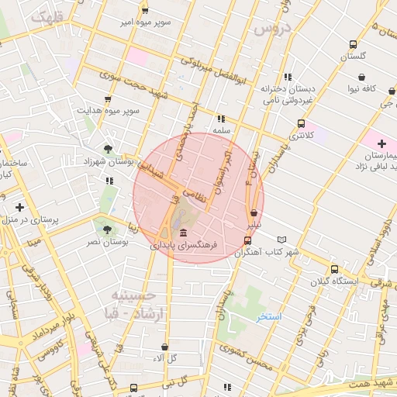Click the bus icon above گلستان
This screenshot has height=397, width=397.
click(354, 44)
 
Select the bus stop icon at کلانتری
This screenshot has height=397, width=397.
click(302, 123)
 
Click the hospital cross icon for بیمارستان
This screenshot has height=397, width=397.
click(381, 143)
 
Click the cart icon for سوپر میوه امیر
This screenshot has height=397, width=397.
click(144, 9)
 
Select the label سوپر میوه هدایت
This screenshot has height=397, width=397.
click(109, 111)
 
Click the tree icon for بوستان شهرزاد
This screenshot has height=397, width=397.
click(108, 148)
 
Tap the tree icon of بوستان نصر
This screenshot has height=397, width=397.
click(105, 229)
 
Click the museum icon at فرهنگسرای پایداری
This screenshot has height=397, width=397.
click(183, 233)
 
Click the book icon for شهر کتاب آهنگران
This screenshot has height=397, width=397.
click(282, 240)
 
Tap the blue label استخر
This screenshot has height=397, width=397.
click(269, 317)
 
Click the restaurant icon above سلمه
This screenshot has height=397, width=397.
click(222, 119)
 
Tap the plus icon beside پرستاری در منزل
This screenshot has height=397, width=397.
click(19, 207)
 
